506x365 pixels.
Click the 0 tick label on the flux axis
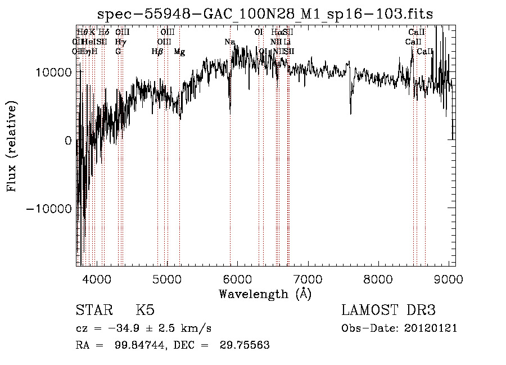[x=68, y=141]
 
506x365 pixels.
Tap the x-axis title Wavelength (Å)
[x=265, y=294]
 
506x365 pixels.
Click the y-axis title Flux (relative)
[x=11, y=146]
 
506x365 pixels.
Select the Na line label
[x=229, y=42]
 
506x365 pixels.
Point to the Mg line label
[x=179, y=52]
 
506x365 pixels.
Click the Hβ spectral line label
[x=157, y=52]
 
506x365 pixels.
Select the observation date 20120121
[x=432, y=328]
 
